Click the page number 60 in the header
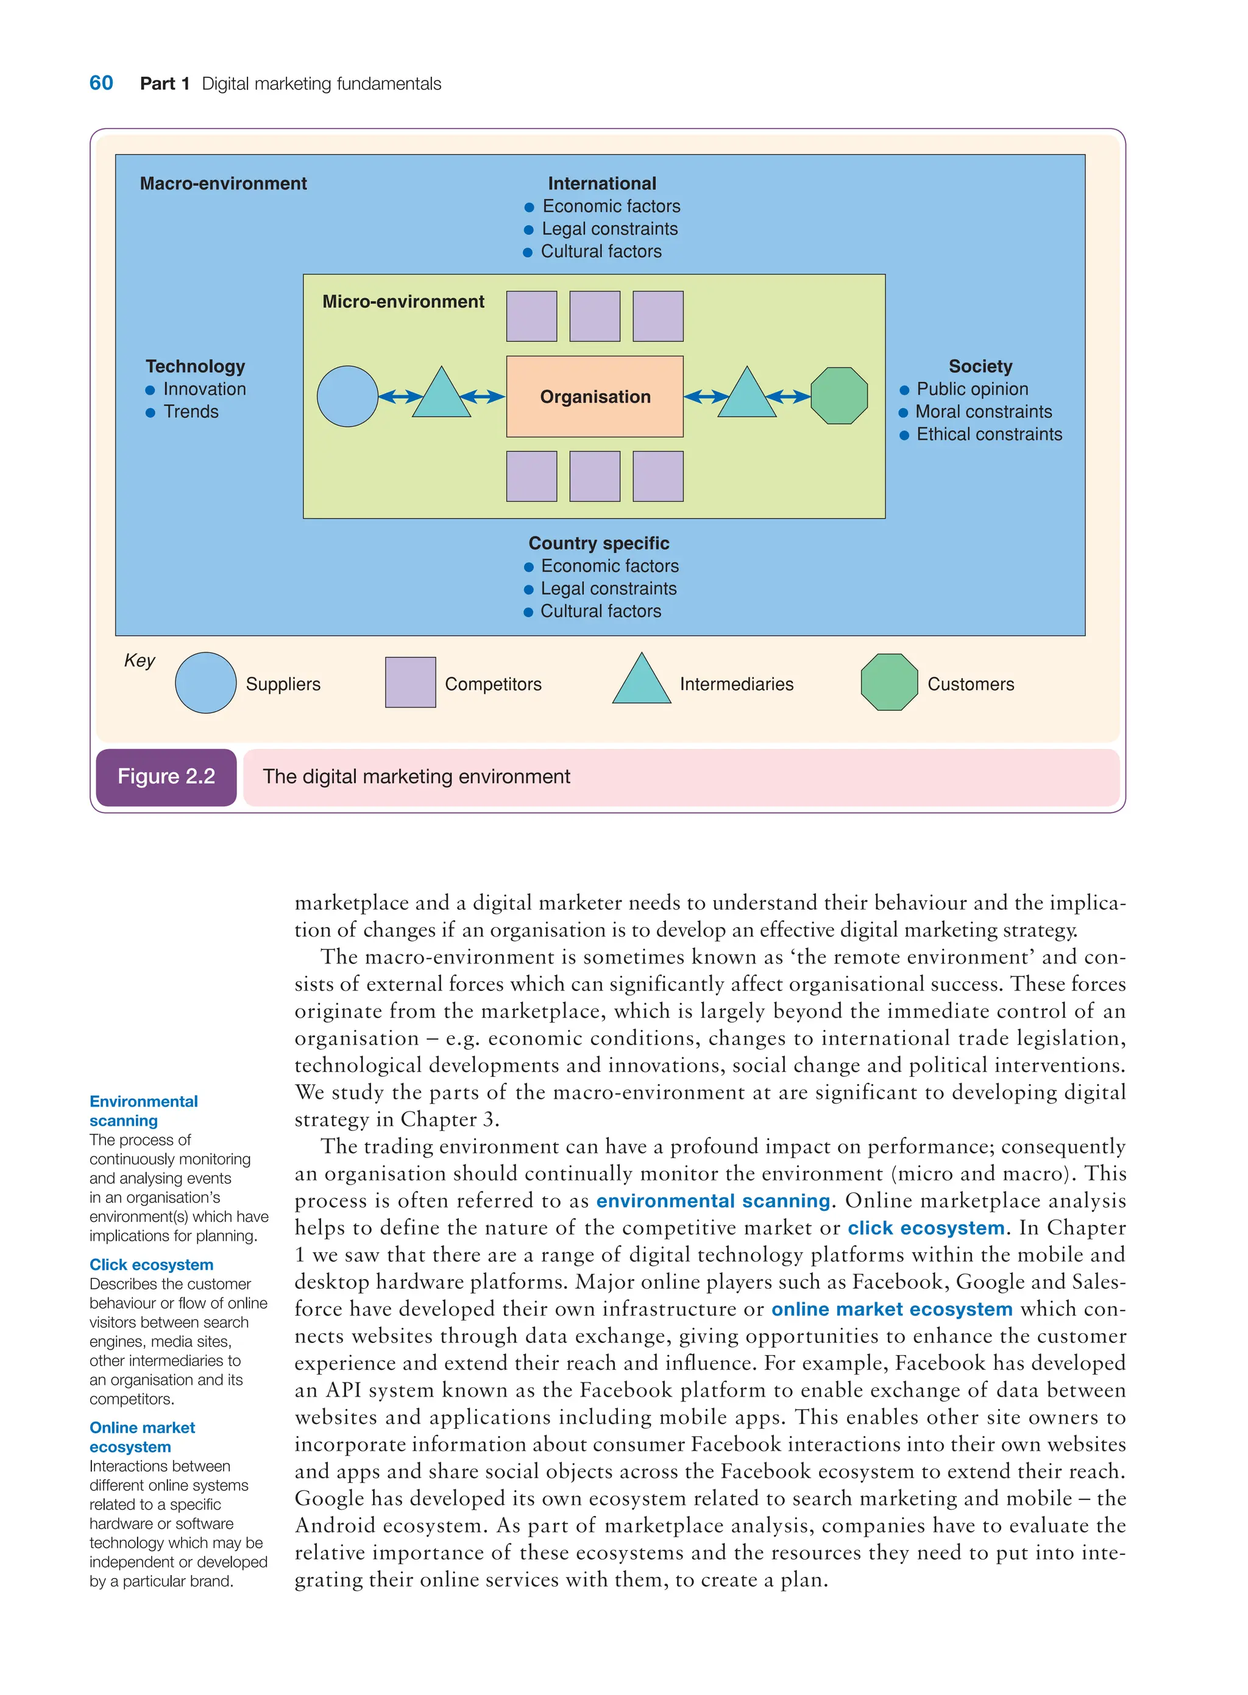[x=101, y=83]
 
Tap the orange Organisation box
[x=595, y=396]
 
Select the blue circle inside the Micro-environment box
[x=347, y=396]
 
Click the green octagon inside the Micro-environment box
[x=839, y=396]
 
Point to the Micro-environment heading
[x=403, y=302]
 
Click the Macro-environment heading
[x=223, y=183]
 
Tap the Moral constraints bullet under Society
[x=983, y=412]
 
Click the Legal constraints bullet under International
[x=609, y=229]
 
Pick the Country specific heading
[x=598, y=544]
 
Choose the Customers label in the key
[x=970, y=684]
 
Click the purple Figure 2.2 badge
[x=166, y=777]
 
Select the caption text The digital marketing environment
[x=416, y=777]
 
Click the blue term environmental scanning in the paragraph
[x=712, y=1201]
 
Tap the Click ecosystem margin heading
[x=151, y=1264]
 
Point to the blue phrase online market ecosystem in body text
[x=892, y=1309]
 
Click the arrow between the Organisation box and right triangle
[x=706, y=396]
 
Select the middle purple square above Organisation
[x=595, y=316]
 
